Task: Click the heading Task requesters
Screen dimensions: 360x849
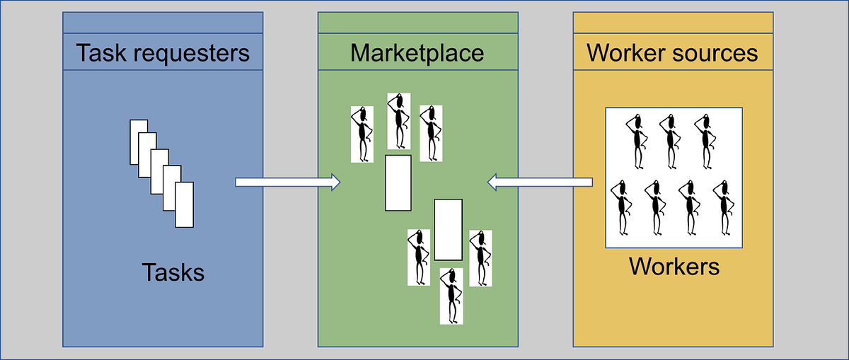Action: (x=163, y=52)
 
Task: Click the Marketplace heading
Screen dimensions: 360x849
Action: (x=417, y=52)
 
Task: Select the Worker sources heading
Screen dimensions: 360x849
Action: (x=672, y=52)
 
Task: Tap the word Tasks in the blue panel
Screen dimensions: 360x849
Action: (x=173, y=272)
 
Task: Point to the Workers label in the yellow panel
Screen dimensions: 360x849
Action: (x=674, y=267)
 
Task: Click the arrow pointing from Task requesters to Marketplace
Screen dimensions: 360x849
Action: (x=287, y=183)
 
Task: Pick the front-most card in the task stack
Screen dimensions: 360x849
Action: (x=184, y=206)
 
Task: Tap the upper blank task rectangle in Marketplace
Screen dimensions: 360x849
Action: (x=398, y=182)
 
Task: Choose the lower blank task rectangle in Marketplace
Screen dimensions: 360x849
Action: (x=448, y=229)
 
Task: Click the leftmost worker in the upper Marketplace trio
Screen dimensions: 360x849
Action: (x=362, y=134)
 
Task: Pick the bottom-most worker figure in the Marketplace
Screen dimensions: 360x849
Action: (x=451, y=296)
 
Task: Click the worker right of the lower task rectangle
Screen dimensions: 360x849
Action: (x=480, y=257)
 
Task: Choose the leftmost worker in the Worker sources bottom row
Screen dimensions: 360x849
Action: (x=623, y=207)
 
